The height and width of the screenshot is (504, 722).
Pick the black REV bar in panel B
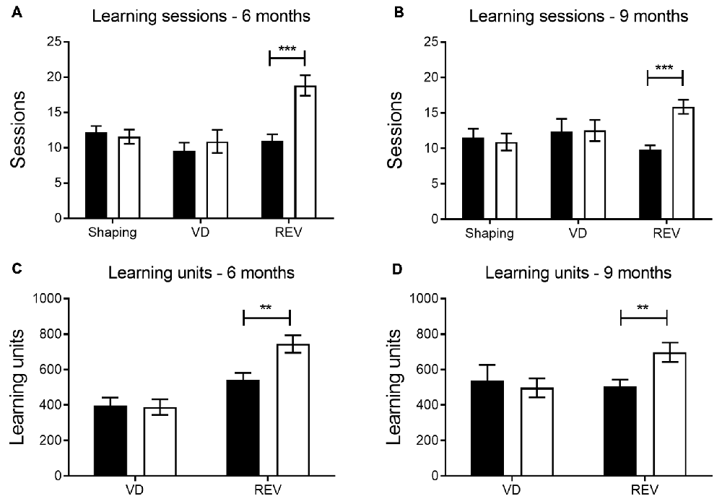pyautogui.click(x=651, y=184)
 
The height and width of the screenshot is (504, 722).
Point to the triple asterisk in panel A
pyautogui.click(x=287, y=49)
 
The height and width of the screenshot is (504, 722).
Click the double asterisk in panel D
pyautogui.click(x=643, y=308)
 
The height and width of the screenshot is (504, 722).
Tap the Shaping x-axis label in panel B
pyautogui.click(x=490, y=233)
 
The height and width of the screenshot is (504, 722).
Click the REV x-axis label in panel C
pyautogui.click(x=267, y=491)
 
